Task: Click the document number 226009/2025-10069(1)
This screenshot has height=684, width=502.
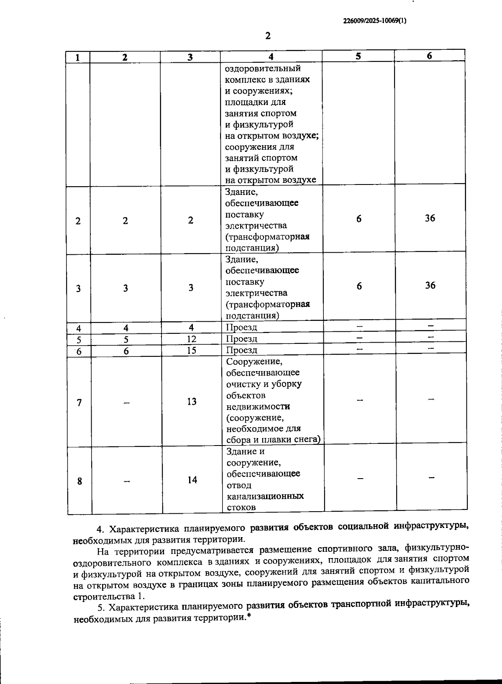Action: [x=374, y=20]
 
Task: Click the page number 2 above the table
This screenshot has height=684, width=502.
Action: [x=268, y=36]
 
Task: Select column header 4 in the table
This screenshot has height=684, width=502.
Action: [x=271, y=56]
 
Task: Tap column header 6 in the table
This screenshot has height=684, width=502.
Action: [x=430, y=56]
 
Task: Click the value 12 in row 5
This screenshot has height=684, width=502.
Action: [x=191, y=338]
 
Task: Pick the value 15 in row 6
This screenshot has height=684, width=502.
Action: [x=191, y=350]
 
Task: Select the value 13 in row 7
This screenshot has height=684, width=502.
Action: [x=192, y=402]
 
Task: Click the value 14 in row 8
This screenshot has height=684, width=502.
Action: [x=192, y=480]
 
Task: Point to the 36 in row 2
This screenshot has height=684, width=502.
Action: [x=430, y=218]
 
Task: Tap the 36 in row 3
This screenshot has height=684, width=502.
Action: [x=430, y=285]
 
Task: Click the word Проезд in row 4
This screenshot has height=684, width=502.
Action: [x=241, y=327]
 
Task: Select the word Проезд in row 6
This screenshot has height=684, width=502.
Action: [x=242, y=350]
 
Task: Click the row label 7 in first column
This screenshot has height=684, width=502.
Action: [x=79, y=402]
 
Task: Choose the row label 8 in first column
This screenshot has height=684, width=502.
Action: [x=79, y=481]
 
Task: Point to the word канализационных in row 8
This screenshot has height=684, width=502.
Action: [x=265, y=496]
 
